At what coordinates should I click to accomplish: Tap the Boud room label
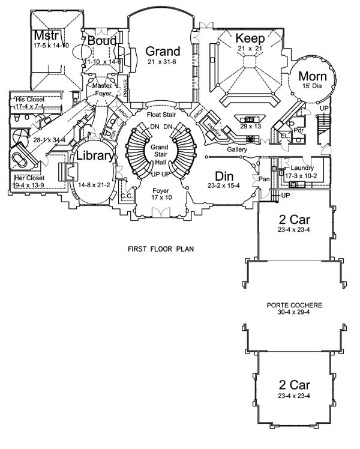coord(101,41)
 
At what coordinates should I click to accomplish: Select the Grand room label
coord(163,52)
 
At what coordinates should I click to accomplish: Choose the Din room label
coord(223,176)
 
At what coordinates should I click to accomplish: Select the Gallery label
coord(238,149)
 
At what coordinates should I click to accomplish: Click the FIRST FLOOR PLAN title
coord(163,248)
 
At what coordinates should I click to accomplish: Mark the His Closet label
coord(27,98)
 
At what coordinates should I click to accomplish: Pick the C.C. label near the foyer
coord(126,196)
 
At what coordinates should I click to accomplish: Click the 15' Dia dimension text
coord(312,88)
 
